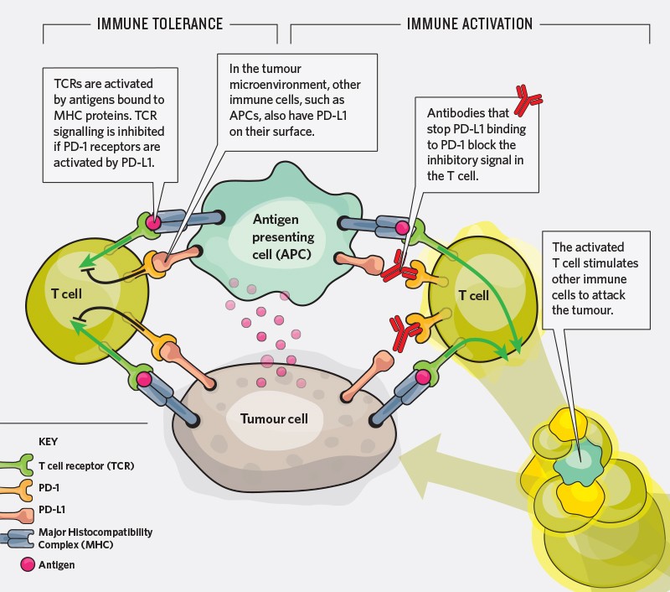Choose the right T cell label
[473, 295]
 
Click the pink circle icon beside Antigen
[25, 564]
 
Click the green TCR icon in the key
[27, 465]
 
